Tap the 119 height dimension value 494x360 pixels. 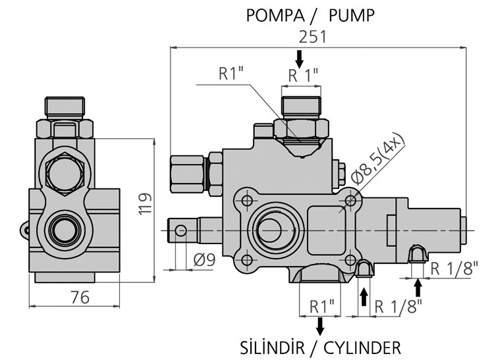146,203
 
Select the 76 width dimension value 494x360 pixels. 79,297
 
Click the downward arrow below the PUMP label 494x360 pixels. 300,59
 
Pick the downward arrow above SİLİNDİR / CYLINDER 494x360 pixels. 320,324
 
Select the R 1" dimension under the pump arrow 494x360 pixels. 304,75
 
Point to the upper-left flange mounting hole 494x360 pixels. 248,200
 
